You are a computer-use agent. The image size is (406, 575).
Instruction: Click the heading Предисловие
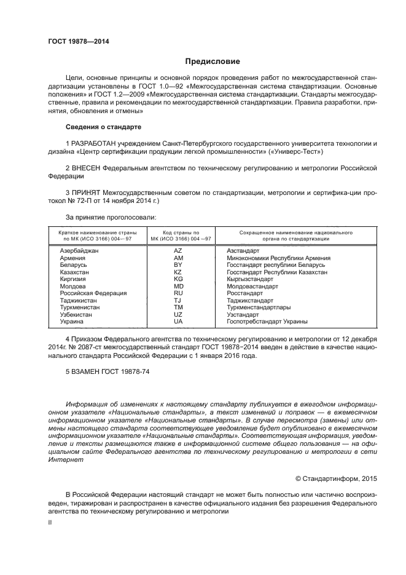click(x=213, y=61)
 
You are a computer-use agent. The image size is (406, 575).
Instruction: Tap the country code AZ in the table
click(x=178, y=251)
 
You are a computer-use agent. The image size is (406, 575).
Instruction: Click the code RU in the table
click(x=178, y=293)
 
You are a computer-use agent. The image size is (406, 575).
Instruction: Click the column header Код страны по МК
click(x=178, y=236)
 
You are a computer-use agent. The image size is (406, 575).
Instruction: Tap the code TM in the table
click(x=178, y=307)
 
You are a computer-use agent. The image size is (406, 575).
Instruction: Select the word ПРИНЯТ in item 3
click(x=86, y=192)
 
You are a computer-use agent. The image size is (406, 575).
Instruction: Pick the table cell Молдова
click(x=72, y=286)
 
